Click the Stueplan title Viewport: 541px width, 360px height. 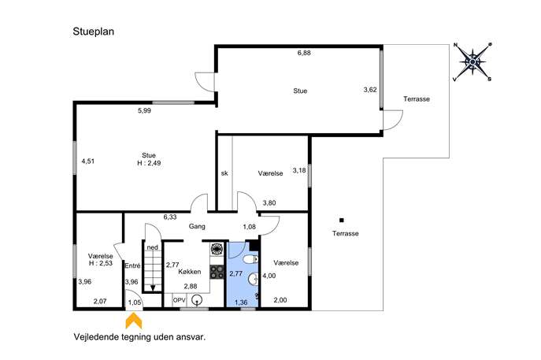[x=93, y=32]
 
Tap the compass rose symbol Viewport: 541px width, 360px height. [x=472, y=61]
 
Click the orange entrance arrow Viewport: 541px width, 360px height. [x=134, y=321]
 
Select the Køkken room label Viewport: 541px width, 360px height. [x=190, y=272]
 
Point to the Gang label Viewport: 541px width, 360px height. [x=197, y=226]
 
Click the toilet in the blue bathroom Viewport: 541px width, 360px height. [x=251, y=259]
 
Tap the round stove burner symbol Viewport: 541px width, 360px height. [x=217, y=249]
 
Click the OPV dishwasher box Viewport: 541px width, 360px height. [x=179, y=300]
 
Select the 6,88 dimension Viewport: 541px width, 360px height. [x=304, y=53]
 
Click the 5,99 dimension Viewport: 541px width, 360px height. [x=144, y=110]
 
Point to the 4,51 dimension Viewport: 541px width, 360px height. [x=87, y=161]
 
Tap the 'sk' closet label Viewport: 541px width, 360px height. [x=224, y=173]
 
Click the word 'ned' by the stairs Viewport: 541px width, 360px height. [x=153, y=247]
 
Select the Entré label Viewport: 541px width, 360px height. [x=132, y=265]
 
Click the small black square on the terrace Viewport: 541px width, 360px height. [x=342, y=221]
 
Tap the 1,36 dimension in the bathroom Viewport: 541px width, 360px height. [x=241, y=302]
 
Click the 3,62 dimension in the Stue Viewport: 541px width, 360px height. [x=370, y=90]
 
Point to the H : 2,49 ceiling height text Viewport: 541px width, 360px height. [x=149, y=163]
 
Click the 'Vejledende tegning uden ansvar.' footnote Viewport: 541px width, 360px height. [x=139, y=337]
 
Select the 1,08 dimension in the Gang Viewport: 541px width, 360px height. [x=249, y=227]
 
